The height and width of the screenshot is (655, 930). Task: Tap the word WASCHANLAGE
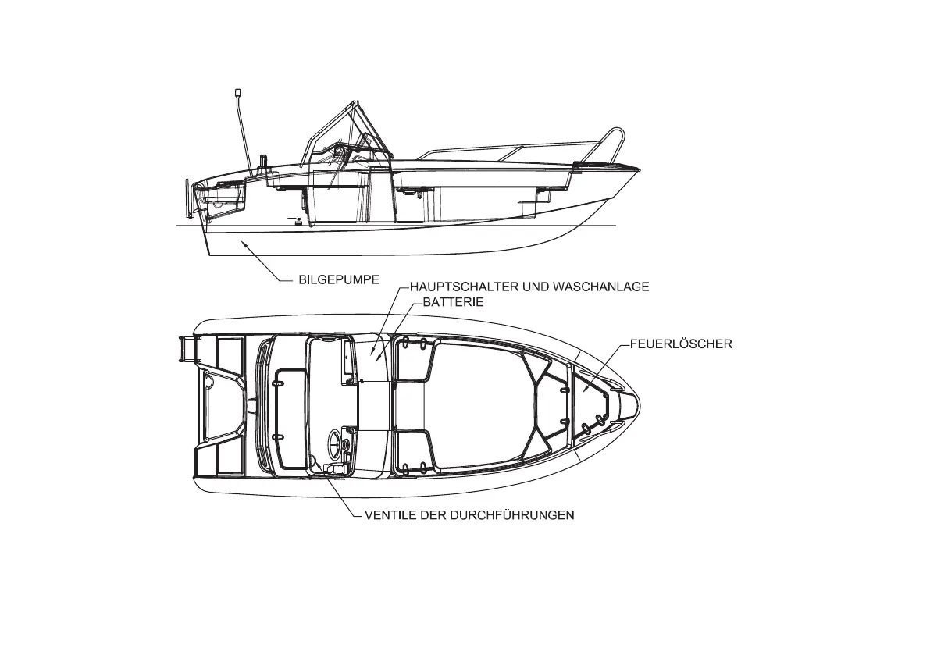[x=600, y=287]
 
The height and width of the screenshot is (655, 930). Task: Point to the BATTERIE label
[x=453, y=301]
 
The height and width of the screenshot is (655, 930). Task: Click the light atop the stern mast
[x=237, y=94]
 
